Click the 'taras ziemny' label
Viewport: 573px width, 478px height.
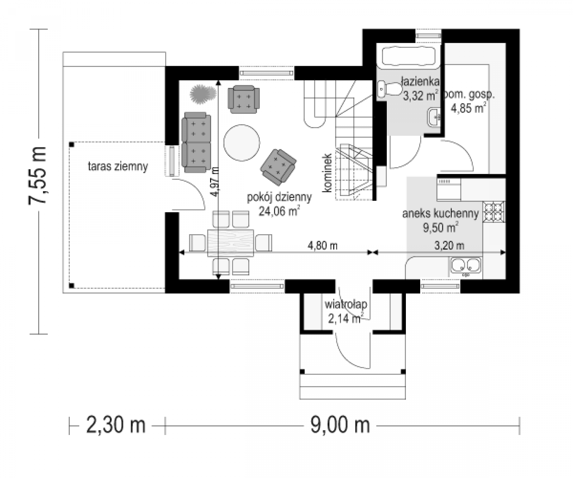tap(118, 167)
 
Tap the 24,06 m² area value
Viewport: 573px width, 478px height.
tap(279, 211)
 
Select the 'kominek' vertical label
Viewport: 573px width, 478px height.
tap(327, 173)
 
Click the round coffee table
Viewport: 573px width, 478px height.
tap(242, 143)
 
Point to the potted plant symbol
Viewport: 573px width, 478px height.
tap(203, 94)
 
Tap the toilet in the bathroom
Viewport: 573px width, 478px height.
tap(390, 89)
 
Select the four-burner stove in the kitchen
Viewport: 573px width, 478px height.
tap(494, 212)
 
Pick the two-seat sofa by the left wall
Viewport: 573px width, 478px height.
tap(196, 142)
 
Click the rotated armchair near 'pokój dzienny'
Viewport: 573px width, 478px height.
tap(278, 167)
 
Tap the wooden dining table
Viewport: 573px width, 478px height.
tap(230, 243)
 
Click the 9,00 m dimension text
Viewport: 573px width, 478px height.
tap(340, 425)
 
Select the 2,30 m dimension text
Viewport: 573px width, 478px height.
tap(115, 425)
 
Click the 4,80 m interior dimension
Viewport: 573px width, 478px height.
tap(322, 246)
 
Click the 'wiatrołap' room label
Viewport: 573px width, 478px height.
tap(346, 304)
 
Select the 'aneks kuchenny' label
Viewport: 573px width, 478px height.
tap(440, 214)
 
